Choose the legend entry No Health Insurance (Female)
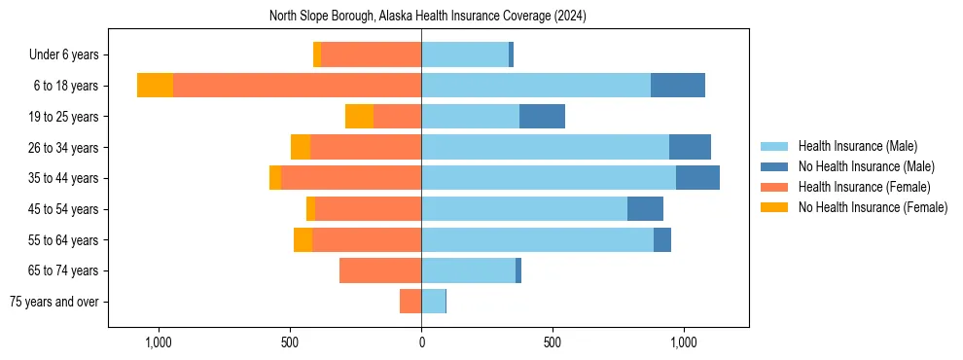[x=873, y=207]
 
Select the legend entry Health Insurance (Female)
[x=864, y=187]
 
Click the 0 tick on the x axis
[x=421, y=342]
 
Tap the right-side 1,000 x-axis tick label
[x=683, y=342]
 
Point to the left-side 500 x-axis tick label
[x=290, y=342]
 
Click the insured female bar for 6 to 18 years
[x=297, y=86]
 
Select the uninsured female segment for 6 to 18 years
[x=155, y=86]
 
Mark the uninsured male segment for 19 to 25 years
[x=542, y=117]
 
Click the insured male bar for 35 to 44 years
[x=549, y=178]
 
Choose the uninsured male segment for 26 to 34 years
[x=690, y=147]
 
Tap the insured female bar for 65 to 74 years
[x=380, y=270]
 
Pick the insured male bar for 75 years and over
[x=433, y=302]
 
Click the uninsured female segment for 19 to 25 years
[x=359, y=117]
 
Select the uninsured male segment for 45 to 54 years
[x=645, y=209]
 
